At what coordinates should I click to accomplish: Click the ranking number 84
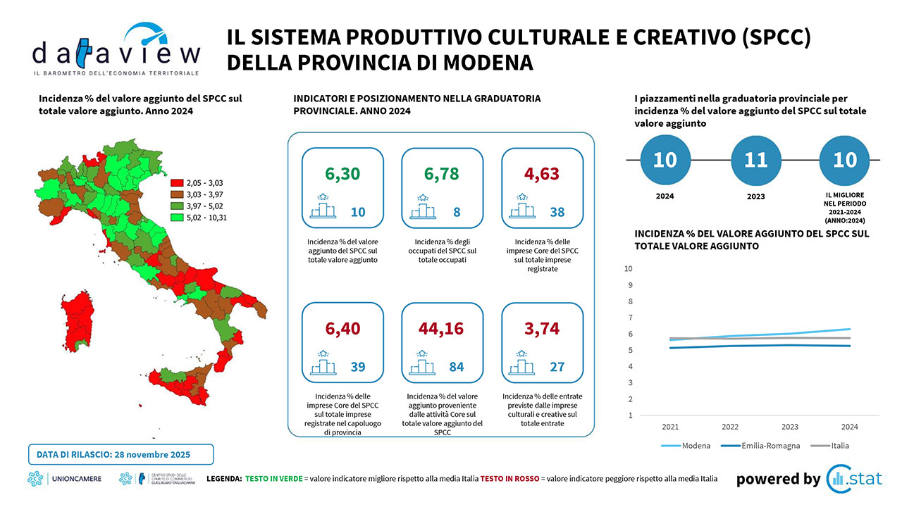click(457, 367)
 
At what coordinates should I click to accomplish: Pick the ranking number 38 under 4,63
click(557, 212)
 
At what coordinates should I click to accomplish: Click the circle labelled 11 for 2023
click(756, 161)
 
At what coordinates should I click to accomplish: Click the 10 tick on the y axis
click(629, 268)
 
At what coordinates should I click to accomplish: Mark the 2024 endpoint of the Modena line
click(850, 329)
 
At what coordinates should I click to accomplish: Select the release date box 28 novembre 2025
click(121, 455)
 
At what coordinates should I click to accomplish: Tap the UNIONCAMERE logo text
click(77, 480)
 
